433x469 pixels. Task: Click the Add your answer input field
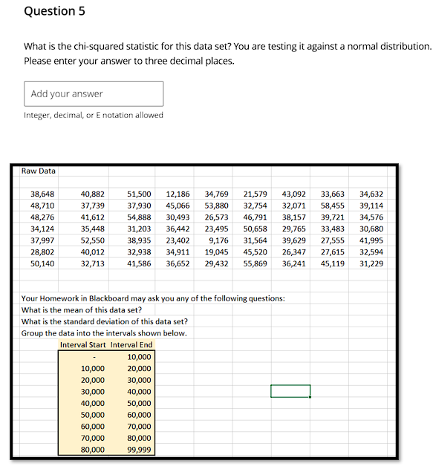coord(94,94)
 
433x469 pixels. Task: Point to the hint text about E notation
coord(94,115)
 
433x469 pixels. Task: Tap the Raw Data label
coord(39,171)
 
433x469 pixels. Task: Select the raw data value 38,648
coord(42,194)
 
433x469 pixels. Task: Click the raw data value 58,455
coord(332,206)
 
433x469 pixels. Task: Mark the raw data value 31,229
coord(371,263)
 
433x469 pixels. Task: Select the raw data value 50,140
coord(42,263)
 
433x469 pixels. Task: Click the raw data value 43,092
coord(293,194)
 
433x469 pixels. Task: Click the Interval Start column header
coord(83,344)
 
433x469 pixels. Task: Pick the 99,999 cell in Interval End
coord(139,450)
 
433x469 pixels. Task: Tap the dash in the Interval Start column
coord(94,357)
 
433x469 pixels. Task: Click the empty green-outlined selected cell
coord(290,391)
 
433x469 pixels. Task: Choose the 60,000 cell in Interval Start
coord(93,427)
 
